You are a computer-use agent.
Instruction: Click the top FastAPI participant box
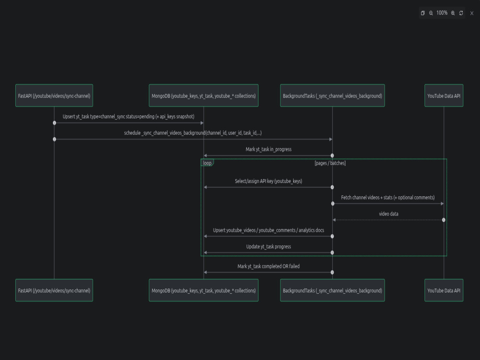tap(54, 96)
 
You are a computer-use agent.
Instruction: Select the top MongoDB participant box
tap(204, 96)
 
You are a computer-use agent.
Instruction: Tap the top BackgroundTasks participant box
tap(333, 96)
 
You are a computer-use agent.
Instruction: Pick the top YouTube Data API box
tap(444, 96)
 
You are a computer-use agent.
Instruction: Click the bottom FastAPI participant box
tap(54, 290)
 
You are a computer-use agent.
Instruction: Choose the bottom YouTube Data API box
tap(444, 290)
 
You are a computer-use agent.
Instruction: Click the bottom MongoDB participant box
tap(204, 290)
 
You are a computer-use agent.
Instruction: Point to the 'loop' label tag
tap(207, 163)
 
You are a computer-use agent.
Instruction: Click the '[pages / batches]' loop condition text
tap(330, 163)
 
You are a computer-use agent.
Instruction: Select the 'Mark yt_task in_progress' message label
tap(268, 149)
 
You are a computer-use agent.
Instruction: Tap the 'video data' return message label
tap(388, 214)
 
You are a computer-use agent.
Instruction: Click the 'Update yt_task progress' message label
tap(268, 247)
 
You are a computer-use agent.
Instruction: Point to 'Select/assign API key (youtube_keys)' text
tap(268, 181)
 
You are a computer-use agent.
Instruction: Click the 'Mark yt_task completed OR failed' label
tap(268, 266)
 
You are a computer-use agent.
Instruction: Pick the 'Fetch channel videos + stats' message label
tap(388, 197)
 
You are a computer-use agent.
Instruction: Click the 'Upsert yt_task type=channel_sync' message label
tap(129, 117)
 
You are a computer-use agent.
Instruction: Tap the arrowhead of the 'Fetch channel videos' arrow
tap(442, 204)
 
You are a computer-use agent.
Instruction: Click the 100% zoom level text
tap(442, 13)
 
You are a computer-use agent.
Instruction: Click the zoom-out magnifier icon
tap(431, 13)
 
